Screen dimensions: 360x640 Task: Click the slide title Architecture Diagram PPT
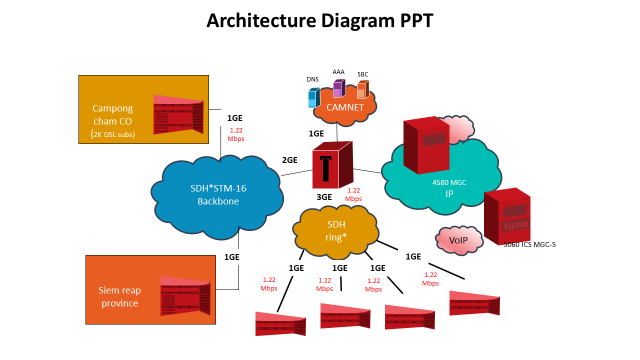319,20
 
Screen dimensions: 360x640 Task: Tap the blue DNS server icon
313,98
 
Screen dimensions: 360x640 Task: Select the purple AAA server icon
339,88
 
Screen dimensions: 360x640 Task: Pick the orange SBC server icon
362,90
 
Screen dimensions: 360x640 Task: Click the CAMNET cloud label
344,107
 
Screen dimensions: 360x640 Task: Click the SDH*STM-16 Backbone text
218,195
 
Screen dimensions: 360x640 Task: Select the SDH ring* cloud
335,230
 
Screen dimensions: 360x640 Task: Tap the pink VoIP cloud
458,240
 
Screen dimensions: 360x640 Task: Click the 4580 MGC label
449,182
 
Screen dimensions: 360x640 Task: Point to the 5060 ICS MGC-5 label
529,244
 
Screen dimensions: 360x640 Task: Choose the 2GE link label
289,160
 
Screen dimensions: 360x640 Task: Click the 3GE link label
324,197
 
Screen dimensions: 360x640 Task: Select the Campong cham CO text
112,114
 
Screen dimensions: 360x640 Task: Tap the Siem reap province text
119,297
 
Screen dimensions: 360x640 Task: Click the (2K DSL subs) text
113,134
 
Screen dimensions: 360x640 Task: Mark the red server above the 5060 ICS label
506,215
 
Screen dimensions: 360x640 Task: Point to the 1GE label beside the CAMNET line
316,133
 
